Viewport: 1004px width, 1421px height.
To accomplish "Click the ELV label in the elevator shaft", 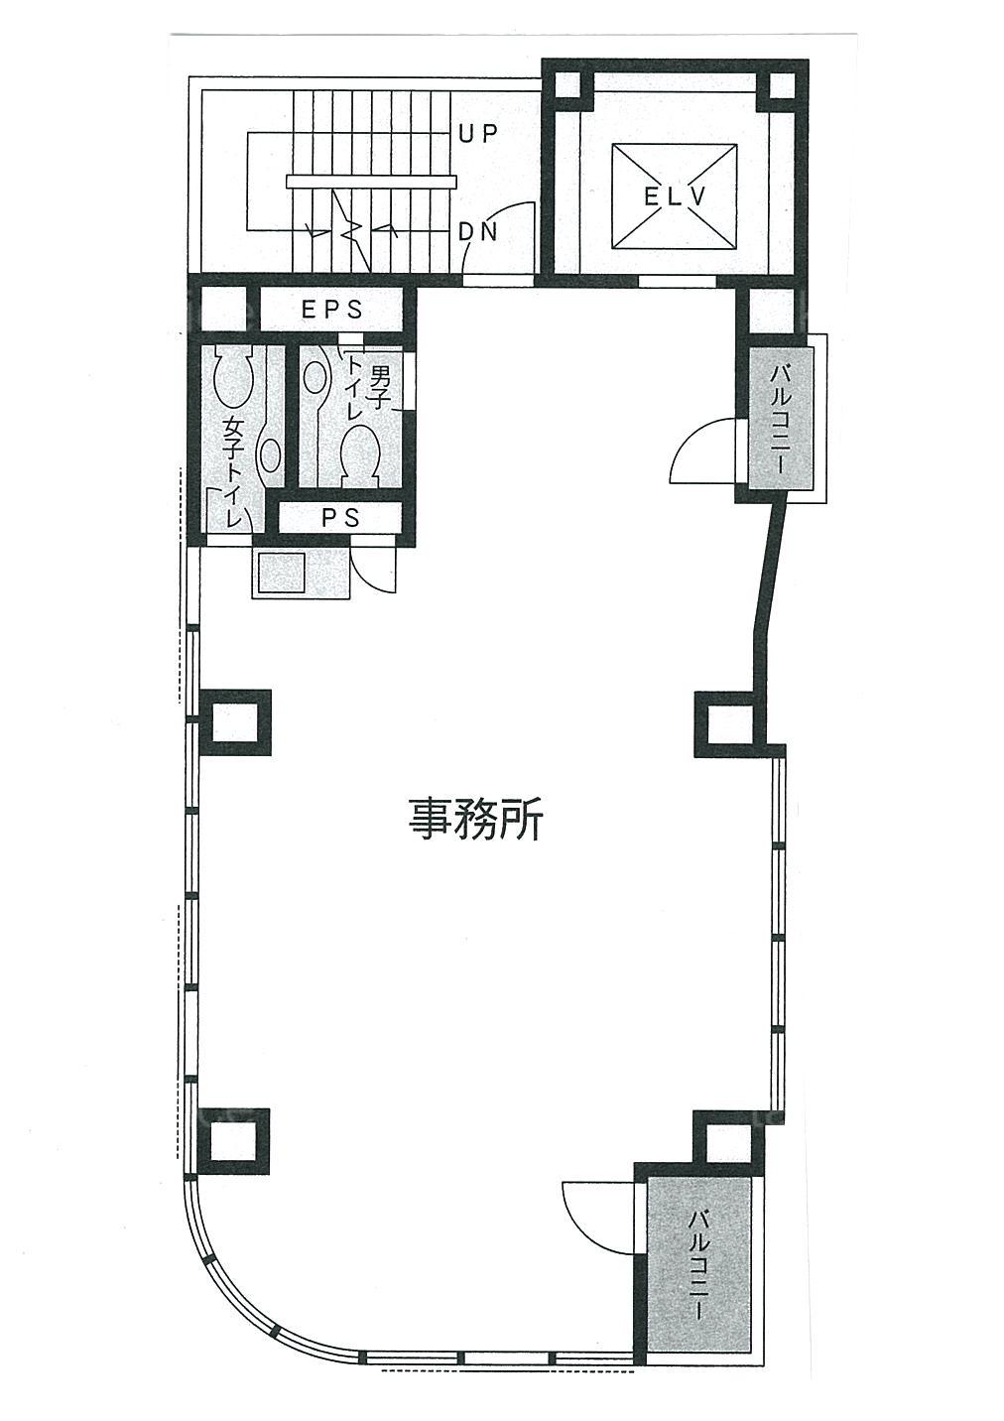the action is (675, 196).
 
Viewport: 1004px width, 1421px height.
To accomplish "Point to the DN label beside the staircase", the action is (479, 233).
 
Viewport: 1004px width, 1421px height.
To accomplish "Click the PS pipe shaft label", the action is (341, 518).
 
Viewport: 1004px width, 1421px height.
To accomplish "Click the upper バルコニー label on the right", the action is (780, 419).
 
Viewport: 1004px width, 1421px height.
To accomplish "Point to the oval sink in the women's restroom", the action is (271, 454).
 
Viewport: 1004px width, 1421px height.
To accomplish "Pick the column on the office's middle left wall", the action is (235, 722).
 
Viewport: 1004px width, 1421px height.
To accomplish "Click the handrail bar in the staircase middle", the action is (371, 182).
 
